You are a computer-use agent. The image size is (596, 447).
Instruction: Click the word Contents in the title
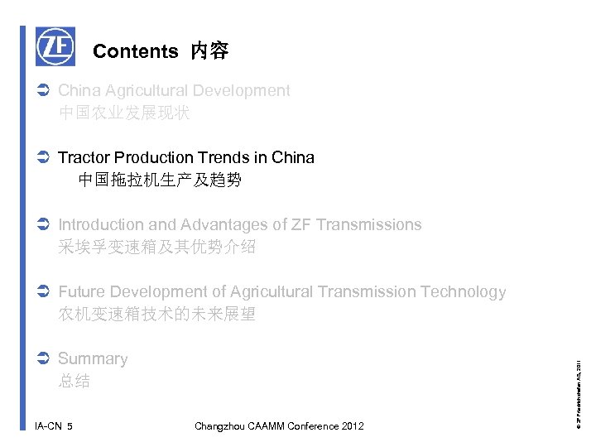point(135,51)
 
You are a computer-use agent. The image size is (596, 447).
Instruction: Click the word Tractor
point(84,157)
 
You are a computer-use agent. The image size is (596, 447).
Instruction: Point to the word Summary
point(93,358)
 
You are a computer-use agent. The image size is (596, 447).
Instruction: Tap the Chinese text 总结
point(74,382)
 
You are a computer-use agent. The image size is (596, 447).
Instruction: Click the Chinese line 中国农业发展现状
point(124,113)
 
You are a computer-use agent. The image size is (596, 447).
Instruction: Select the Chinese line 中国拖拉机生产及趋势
point(160,180)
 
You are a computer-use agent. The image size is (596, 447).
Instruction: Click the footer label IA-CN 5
point(54,426)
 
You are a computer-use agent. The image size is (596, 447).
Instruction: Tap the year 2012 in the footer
point(350,426)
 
